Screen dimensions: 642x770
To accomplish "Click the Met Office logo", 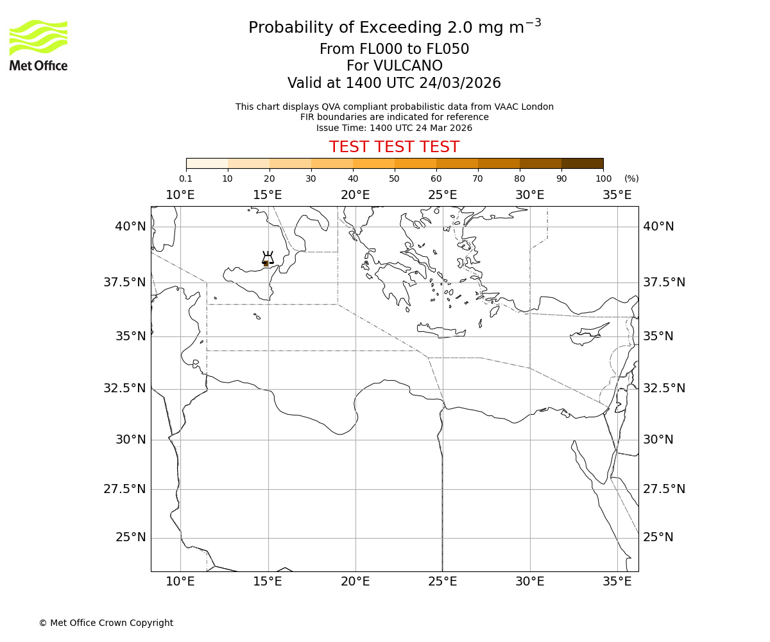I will pos(38,45).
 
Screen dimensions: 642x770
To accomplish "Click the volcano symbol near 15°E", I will pos(268,259).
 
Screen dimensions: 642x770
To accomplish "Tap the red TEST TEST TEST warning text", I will pos(394,147).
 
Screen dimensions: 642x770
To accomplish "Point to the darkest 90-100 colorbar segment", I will pos(582,163).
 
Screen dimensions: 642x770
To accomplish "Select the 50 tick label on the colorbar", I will pos(394,178).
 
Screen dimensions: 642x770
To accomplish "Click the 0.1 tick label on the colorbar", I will pos(185,178).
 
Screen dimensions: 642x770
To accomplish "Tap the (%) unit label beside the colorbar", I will pos(631,178).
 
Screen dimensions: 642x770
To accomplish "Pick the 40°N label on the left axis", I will pos(130,227).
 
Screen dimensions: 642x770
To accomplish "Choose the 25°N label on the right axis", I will pos(658,537).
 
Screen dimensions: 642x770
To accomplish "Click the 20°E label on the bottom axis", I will pos(355,582).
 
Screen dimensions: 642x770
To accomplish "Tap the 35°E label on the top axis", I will pos(617,195).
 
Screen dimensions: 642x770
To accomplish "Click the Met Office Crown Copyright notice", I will pos(106,623).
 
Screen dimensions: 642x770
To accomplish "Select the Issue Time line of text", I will pos(394,128).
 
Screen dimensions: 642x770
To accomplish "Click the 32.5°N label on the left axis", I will pos(126,388).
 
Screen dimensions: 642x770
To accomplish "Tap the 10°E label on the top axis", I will pos(180,195).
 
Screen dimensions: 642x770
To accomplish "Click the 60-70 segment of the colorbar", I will pos(457,163).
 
